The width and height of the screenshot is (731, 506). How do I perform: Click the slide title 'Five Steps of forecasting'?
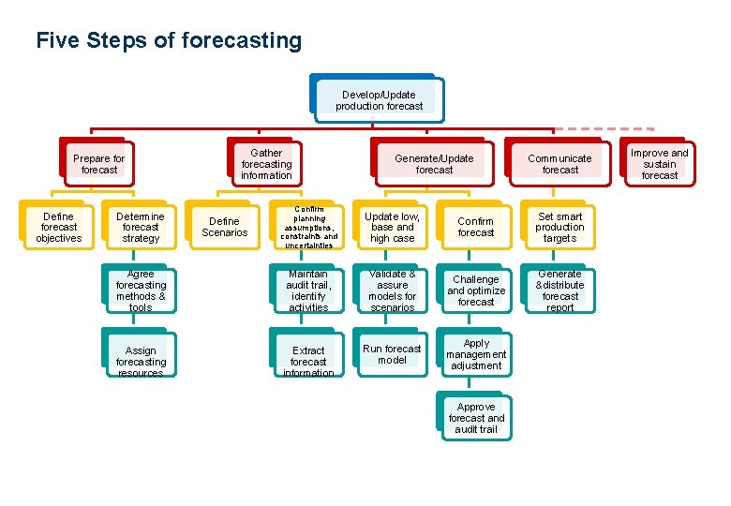[x=169, y=41]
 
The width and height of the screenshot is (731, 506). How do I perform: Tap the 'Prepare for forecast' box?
[x=98, y=164]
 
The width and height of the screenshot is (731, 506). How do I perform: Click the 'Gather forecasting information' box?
[x=266, y=163]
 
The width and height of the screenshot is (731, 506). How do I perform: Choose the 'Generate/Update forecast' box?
[x=433, y=164]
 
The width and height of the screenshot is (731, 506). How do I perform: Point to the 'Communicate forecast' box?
[x=559, y=164]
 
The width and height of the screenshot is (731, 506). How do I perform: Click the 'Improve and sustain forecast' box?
[x=659, y=163]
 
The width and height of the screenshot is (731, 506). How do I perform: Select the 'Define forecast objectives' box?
[x=58, y=227]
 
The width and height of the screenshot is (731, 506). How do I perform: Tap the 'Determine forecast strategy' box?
[x=141, y=227]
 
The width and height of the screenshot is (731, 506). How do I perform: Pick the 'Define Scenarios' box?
[x=224, y=227]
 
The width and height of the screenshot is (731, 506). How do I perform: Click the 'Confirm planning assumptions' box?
[x=308, y=227]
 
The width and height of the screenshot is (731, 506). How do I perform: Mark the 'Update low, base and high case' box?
[x=392, y=227]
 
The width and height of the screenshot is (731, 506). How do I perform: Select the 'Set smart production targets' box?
[x=559, y=227]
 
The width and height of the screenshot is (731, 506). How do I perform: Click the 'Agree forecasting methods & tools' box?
[x=141, y=290]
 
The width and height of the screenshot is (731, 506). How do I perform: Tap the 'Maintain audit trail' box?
[x=308, y=290]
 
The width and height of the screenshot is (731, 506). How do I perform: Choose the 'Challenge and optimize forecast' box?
[x=476, y=290]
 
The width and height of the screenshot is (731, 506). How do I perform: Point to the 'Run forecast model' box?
[x=392, y=354]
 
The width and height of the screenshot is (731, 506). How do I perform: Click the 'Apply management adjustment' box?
[x=476, y=354]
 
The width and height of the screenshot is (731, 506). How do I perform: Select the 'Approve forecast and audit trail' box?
[x=476, y=418]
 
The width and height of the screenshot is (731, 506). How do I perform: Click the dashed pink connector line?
[x=609, y=127]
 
